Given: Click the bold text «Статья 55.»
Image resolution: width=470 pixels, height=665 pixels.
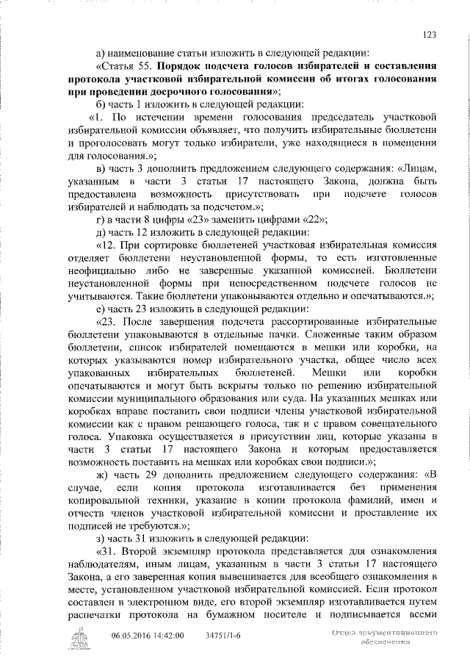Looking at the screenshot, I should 130,65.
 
